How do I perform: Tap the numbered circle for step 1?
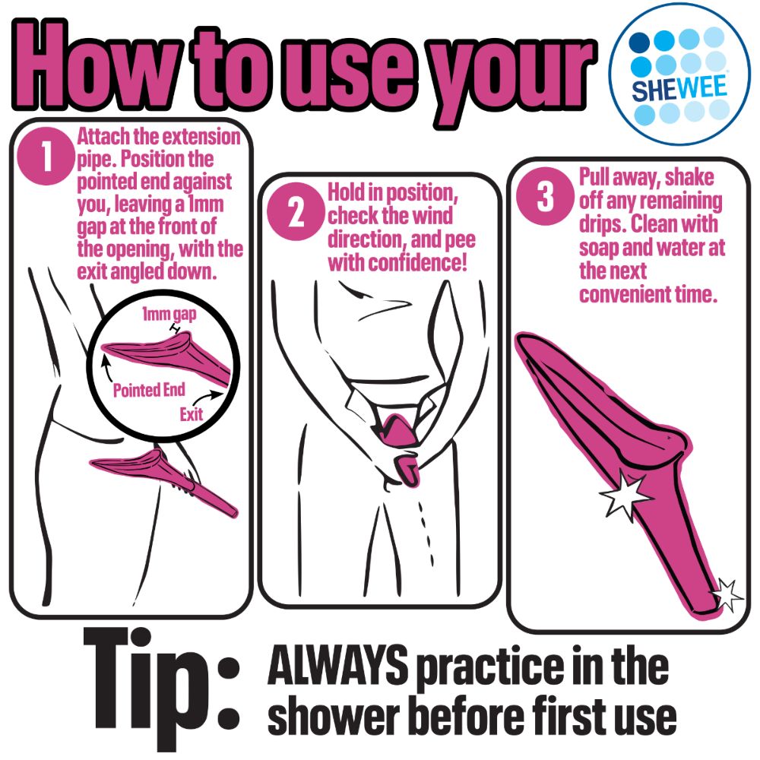[x=46, y=155]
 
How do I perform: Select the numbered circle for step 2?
[x=296, y=212]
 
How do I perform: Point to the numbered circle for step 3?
[x=545, y=196]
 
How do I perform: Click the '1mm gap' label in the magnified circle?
[x=169, y=314]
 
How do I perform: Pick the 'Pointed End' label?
[x=149, y=390]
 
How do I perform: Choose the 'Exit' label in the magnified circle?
[x=191, y=414]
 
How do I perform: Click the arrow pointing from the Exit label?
[x=207, y=397]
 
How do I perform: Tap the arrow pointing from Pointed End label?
[x=107, y=369]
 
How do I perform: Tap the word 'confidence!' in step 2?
[x=422, y=263]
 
